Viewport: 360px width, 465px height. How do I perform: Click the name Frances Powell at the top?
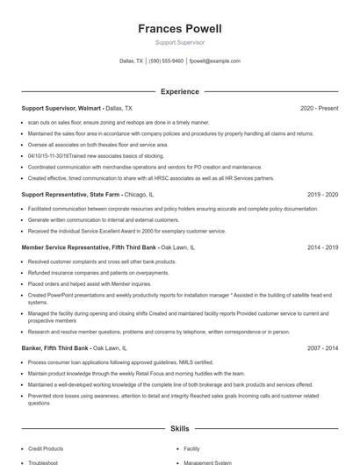tap(179, 29)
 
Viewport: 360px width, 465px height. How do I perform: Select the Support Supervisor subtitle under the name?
tap(179, 42)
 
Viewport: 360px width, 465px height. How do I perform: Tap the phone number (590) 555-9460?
tap(166, 61)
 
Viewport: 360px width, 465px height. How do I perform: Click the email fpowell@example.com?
tap(215, 61)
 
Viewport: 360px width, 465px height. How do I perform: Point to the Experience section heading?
tap(179, 91)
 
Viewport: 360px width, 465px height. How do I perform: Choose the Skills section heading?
tap(179, 429)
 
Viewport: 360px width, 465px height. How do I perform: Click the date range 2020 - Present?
tap(319, 109)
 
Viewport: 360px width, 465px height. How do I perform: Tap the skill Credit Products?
tap(46, 448)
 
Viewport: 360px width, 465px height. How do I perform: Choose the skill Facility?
tap(192, 448)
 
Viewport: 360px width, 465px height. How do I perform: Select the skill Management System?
tap(207, 461)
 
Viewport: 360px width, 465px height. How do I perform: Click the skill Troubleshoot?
tap(43, 461)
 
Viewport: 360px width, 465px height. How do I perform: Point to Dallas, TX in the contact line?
tap(132, 61)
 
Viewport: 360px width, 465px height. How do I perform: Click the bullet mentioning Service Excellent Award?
tap(126, 231)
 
